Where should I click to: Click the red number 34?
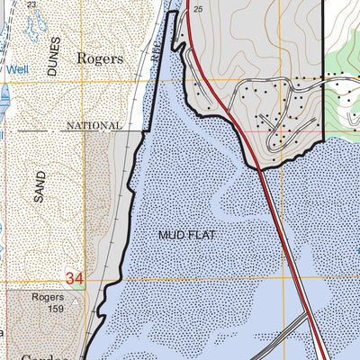pos(74,281)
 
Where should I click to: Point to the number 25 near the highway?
pos(199,9)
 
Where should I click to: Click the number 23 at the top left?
pos(32,5)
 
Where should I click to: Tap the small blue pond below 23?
pos(36,32)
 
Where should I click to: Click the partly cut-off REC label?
pos(158,52)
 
